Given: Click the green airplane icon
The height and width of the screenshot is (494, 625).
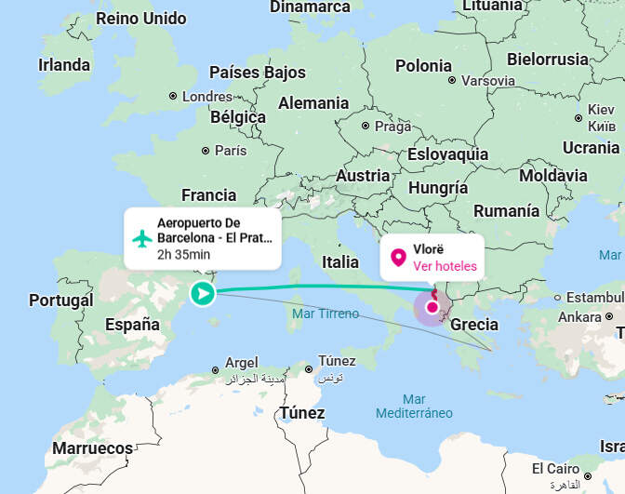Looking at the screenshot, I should click(x=141, y=238).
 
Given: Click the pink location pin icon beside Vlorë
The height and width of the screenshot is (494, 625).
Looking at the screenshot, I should click(x=398, y=258).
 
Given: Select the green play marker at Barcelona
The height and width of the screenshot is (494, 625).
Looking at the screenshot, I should click(x=202, y=295).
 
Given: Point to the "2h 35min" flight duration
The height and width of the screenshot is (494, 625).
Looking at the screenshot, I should click(x=183, y=254).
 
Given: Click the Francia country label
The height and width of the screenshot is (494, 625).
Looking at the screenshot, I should click(x=209, y=195).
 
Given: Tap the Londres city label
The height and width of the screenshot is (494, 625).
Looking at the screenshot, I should click(x=206, y=96).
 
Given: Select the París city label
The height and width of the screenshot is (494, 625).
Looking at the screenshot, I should click(x=230, y=150).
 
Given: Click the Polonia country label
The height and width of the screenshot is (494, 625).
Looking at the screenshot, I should click(x=423, y=66).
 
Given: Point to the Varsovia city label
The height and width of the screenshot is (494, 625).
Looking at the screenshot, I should click(x=487, y=81).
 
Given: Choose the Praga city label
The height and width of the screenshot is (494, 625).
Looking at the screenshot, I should click(x=392, y=127).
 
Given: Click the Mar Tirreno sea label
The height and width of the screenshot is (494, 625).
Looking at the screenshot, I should click(x=325, y=314).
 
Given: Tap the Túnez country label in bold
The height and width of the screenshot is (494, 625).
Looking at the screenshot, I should click(x=302, y=413).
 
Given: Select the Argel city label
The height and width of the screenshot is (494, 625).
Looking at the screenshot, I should click(x=241, y=362).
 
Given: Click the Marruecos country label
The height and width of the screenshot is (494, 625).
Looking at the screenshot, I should click(x=92, y=448).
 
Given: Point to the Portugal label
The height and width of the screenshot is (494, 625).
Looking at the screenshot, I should click(x=60, y=300).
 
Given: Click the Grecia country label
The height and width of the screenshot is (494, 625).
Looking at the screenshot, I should click(x=473, y=325).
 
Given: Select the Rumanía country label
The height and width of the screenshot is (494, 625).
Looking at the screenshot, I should click(x=506, y=211).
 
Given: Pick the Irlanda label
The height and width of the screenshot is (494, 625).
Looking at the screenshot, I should click(x=64, y=65).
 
